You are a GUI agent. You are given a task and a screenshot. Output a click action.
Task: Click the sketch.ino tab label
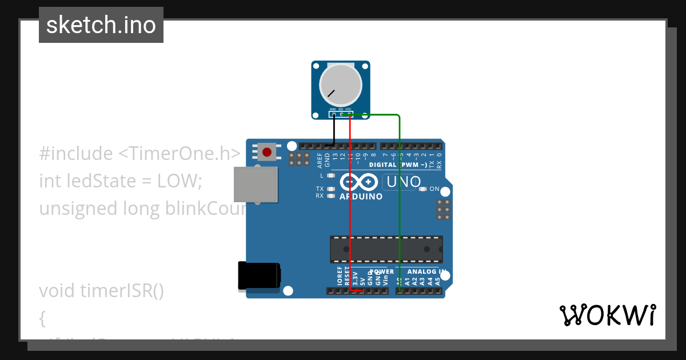[101, 25]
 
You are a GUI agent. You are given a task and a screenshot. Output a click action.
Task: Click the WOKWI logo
[607, 315]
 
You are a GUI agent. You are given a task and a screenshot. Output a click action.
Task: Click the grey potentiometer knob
[340, 85]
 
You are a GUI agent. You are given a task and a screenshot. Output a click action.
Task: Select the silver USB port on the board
[256, 184]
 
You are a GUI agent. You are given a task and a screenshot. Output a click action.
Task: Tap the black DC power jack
[258, 275]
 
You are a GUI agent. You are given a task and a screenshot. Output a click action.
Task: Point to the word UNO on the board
[404, 182]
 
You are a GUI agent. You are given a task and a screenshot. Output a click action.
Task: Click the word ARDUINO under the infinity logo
[361, 196]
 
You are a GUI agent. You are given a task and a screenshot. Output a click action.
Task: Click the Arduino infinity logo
[358, 182]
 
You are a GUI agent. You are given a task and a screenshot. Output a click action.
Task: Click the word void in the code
[57, 291]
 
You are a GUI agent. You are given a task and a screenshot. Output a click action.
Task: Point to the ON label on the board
[434, 189]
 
